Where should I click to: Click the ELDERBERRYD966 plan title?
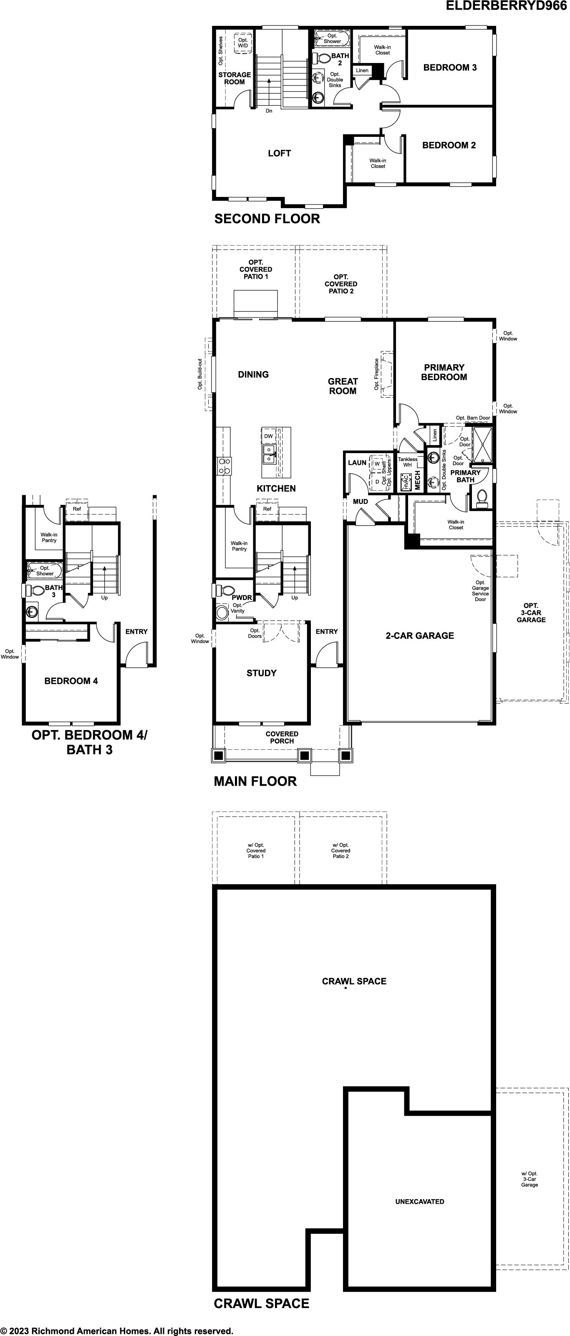pos(506,6)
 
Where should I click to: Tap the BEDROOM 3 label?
pos(450,68)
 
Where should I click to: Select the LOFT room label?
pos(279,153)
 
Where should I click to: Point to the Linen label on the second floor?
pos(362,71)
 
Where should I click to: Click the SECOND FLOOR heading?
pos(267,219)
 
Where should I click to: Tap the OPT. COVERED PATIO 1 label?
pos(256,269)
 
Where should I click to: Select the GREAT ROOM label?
pos(343,386)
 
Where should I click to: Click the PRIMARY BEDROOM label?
pos(444,372)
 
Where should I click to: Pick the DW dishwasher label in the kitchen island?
pos(268,436)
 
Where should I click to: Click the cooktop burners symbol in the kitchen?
pos(224,466)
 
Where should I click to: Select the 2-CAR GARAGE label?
pos(420,635)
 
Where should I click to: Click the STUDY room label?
pos(261,673)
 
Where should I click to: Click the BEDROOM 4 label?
pos(71,681)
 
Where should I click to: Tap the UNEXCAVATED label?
pos(420,1201)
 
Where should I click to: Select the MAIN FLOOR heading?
pos(255,781)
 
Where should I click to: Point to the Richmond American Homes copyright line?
pos(117,1331)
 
